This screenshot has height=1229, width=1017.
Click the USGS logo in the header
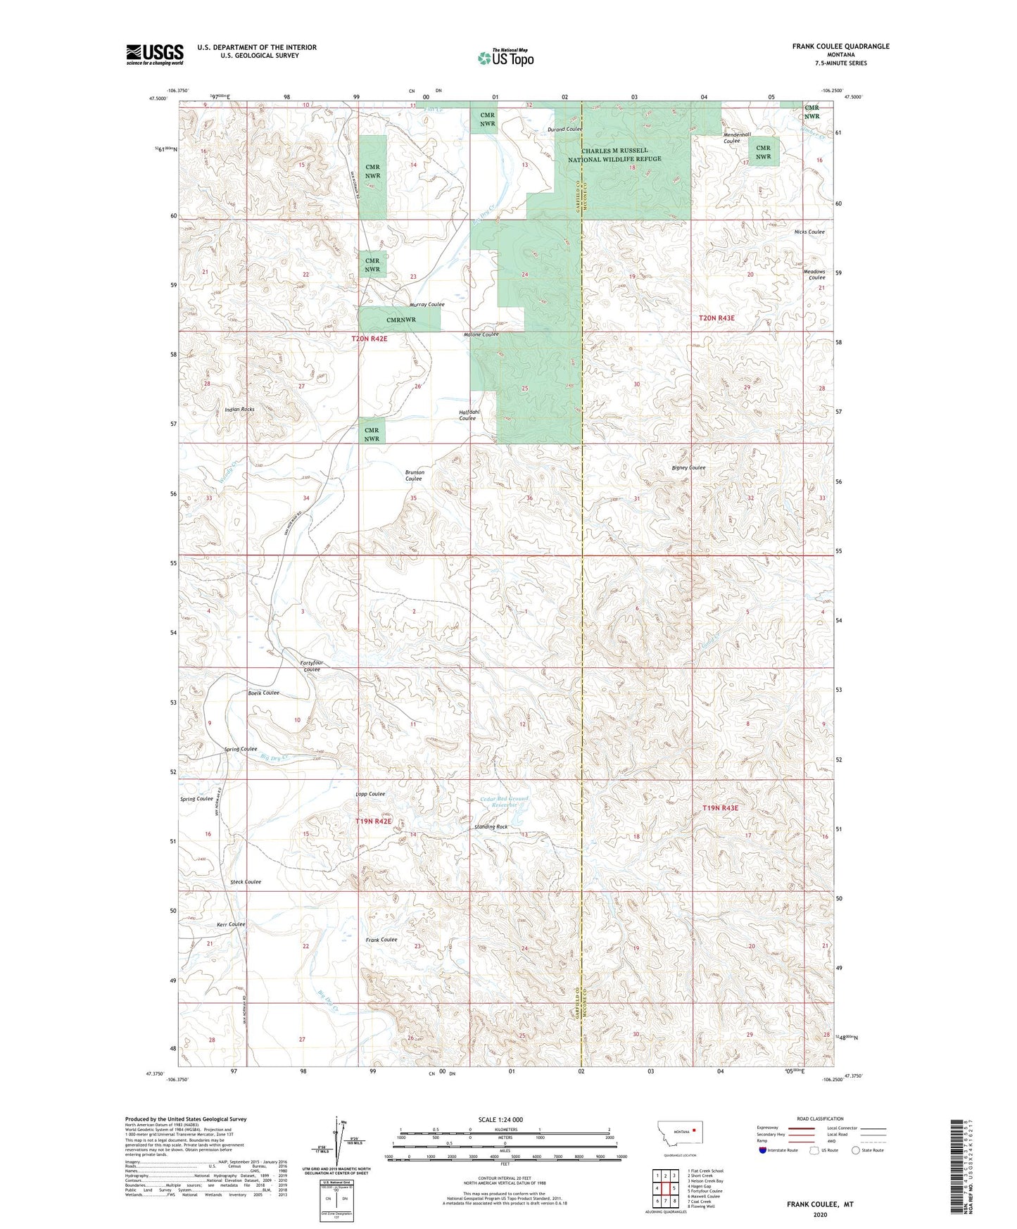coord(154,54)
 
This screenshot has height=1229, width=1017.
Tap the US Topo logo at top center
coord(505,58)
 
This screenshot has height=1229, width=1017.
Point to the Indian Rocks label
coord(239,409)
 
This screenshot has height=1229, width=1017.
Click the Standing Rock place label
coord(491,827)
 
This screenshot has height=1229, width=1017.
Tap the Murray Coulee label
coord(427,305)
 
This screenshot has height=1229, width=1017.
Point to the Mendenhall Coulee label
coord(737,137)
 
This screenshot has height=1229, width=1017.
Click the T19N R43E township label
coord(720,809)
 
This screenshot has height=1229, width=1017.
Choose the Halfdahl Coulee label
coord(467,415)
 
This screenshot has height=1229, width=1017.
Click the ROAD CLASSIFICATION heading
coord(819,1118)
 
